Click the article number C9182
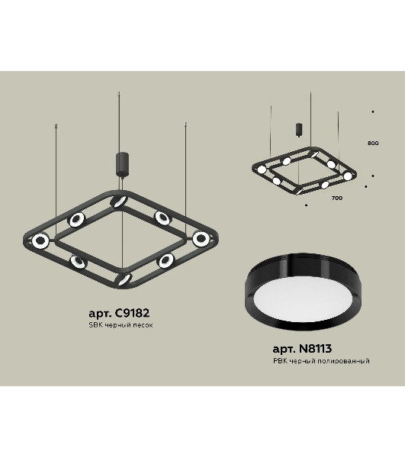133,313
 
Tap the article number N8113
316,349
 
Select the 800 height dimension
373,144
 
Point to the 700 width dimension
337,198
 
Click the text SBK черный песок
121,325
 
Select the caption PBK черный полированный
321,361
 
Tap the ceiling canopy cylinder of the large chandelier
123,164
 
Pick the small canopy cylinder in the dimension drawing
299,130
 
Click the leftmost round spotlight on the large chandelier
40,240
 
